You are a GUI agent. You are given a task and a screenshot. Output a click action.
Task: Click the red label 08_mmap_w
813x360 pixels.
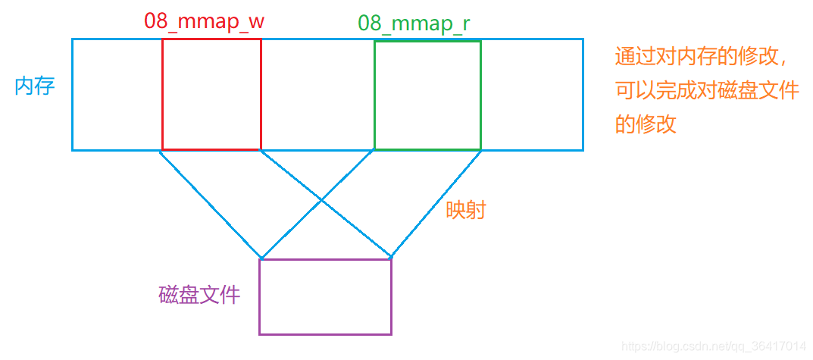click(205, 21)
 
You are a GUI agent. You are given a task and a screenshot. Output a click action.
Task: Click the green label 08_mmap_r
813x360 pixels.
click(414, 23)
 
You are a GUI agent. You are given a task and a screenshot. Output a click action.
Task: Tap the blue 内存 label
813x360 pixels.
click(35, 86)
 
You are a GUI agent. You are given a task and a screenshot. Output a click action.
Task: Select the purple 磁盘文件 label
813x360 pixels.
click(199, 295)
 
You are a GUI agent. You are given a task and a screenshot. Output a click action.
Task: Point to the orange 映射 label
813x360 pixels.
click(465, 210)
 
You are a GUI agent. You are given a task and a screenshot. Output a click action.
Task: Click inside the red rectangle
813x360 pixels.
click(211, 94)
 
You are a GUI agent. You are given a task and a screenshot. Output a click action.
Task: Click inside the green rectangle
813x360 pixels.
click(427, 95)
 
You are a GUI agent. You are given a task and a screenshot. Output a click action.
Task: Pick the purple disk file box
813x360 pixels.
click(325, 296)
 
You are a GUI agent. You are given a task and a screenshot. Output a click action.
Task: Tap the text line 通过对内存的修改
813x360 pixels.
click(701, 58)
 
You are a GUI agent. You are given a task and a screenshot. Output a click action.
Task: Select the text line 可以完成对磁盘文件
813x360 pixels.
click(707, 91)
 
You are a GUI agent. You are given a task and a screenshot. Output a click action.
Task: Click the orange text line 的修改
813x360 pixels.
click(646, 124)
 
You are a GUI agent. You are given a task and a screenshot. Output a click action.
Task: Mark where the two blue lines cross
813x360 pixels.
click(324, 202)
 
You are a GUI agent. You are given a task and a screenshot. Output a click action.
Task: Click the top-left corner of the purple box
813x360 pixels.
click(260, 259)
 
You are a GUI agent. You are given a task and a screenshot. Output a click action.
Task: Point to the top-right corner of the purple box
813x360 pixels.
click(391, 259)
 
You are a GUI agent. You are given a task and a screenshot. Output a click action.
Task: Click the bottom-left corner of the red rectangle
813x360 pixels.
click(162, 149)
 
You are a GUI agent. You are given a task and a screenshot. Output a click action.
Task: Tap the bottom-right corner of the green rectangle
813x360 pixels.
click(480, 149)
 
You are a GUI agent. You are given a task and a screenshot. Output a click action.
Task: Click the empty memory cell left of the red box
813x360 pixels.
click(117, 94)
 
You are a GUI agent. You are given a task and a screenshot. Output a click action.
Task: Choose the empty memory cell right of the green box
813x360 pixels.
click(531, 94)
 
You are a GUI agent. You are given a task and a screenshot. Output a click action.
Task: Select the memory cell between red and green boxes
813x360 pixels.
click(317, 94)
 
